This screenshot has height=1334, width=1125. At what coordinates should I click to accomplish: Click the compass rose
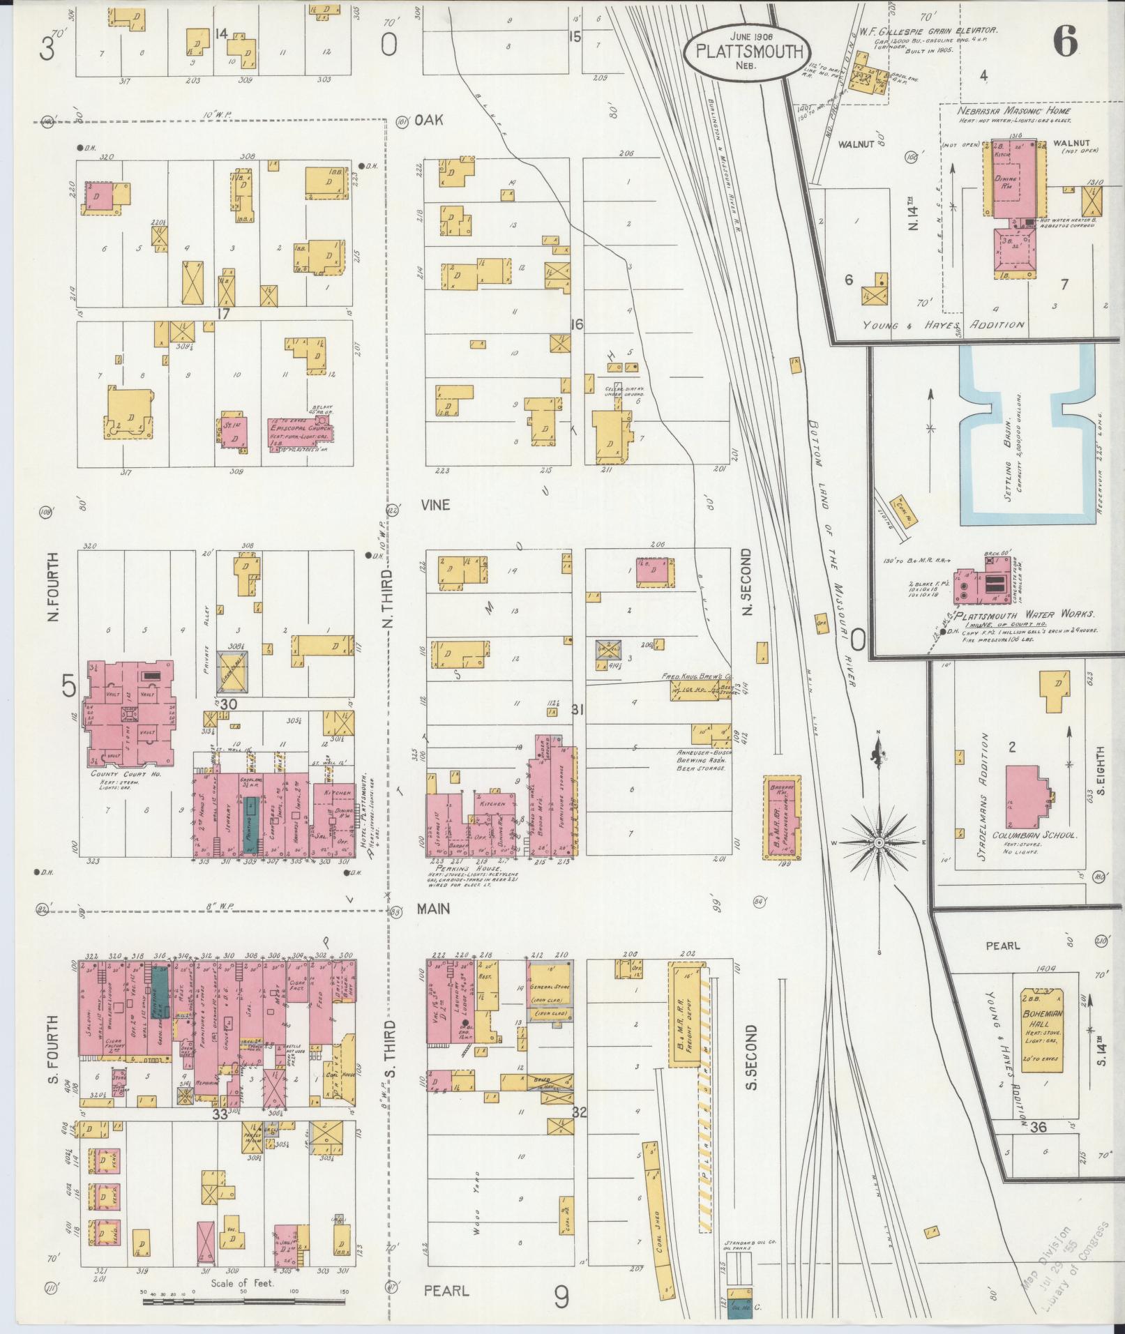(x=879, y=843)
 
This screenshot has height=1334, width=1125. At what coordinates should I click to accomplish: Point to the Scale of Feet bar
(x=246, y=1301)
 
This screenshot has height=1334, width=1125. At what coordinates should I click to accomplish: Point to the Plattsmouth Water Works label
(x=1024, y=615)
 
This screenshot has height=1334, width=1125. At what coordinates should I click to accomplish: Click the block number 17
(x=222, y=314)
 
